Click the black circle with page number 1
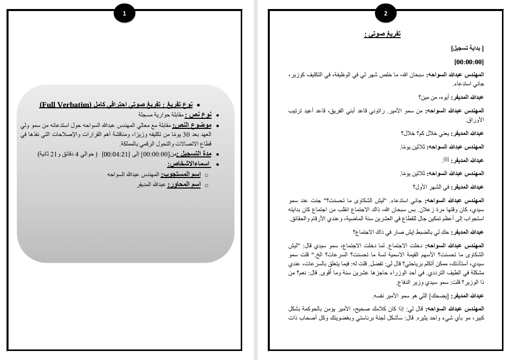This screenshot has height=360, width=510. [x=124, y=14]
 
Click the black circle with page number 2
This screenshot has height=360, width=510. [x=386, y=14]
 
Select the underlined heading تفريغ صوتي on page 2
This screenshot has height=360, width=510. [x=382, y=34]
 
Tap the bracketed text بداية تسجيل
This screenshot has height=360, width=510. [x=468, y=49]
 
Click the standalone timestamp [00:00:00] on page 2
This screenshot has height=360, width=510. [x=469, y=62]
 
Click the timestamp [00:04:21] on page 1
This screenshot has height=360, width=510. [x=110, y=154]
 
